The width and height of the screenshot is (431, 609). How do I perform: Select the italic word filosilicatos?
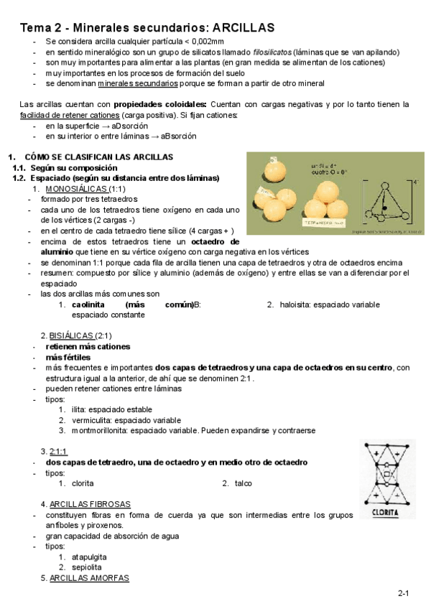[274, 52]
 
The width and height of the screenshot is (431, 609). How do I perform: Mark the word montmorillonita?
[104, 430]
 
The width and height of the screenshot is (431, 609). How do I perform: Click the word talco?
[244, 483]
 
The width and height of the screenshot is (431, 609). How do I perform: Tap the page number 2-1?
[404, 593]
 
